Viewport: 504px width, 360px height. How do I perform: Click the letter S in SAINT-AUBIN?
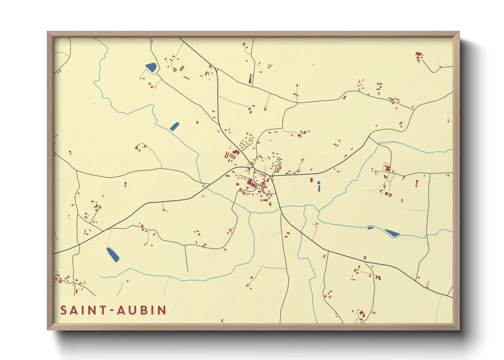point(64,310)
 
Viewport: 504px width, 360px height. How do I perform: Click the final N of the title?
point(162,310)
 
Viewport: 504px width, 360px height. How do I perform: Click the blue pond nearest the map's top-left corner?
point(151,67)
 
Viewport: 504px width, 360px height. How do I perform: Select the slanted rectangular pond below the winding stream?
point(174,127)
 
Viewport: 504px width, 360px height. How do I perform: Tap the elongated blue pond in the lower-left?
point(113,255)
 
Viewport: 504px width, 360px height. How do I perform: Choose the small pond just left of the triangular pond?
point(370,228)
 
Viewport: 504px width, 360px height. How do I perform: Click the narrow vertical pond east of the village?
point(319,186)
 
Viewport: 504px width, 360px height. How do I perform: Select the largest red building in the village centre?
point(251,184)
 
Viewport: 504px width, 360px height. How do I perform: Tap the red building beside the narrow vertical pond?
point(311,180)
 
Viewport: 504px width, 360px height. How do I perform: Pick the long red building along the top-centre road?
point(251,79)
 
